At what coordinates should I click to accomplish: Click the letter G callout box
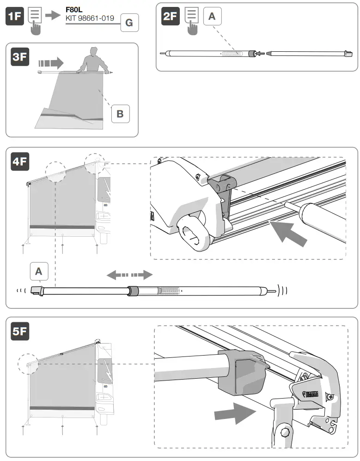point(129,23)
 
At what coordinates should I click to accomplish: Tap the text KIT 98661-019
point(91,18)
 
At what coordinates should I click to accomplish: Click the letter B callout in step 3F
point(120,113)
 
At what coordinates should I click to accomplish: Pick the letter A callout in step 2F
point(212,17)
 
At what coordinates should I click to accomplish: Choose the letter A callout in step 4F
point(39,272)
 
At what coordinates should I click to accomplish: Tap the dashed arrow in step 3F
point(50,62)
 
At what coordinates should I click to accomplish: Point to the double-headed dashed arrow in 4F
point(129,275)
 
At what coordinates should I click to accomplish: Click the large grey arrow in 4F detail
point(288,234)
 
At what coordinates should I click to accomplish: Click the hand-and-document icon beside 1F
point(36,21)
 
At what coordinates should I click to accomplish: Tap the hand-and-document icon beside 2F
point(192,21)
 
